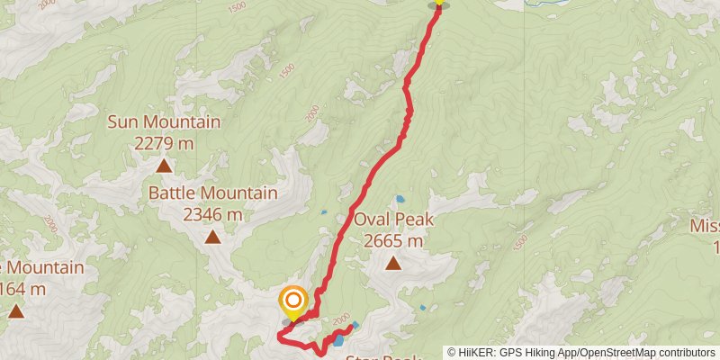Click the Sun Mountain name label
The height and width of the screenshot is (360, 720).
(164, 122)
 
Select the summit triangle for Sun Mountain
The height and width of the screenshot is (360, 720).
(164, 166)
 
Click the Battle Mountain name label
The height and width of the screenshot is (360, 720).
(212, 193)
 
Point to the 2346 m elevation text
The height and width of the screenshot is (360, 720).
(212, 214)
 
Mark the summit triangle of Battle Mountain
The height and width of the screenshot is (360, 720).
(212, 238)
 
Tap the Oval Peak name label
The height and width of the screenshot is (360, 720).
(394, 220)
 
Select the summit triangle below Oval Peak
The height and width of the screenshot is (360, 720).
(393, 264)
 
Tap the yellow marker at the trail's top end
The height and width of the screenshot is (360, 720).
(438, 3)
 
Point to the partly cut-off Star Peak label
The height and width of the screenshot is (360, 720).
(382, 357)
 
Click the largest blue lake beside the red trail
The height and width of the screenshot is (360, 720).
(337, 340)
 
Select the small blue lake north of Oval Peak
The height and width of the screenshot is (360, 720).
(399, 199)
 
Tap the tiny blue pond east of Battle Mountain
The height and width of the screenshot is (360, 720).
(324, 213)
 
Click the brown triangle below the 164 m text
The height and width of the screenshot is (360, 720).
(16, 311)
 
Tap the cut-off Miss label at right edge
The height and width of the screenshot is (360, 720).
(704, 226)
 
